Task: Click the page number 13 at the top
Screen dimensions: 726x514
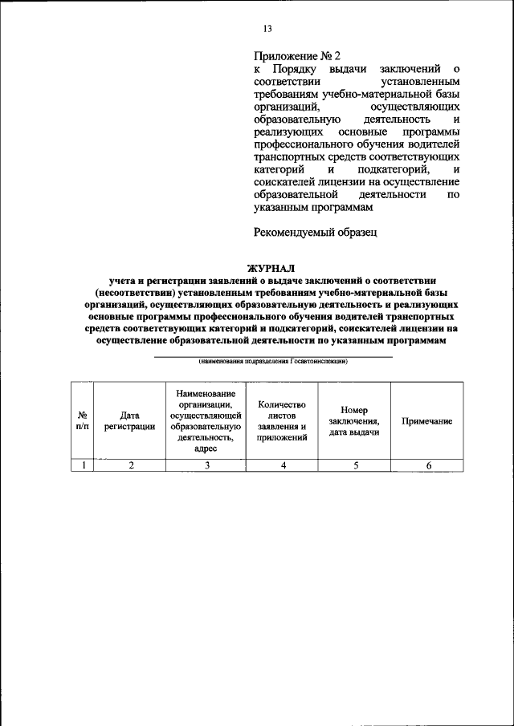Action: pyautogui.click(x=267, y=29)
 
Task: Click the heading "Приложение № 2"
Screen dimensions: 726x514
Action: pyautogui.click(x=296, y=56)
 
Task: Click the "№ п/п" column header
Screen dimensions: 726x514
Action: pyautogui.click(x=82, y=421)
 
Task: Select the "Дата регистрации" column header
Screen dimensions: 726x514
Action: pyautogui.click(x=129, y=421)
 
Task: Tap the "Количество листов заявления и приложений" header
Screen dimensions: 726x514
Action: pyautogui.click(x=284, y=421)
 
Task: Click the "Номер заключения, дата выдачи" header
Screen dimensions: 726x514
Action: pyautogui.click(x=354, y=421)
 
